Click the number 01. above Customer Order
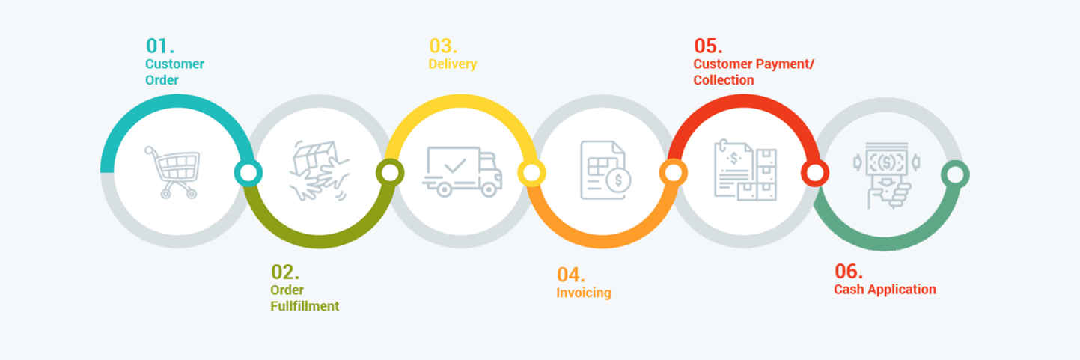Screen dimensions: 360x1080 (160, 45)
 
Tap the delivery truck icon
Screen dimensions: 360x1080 (462, 171)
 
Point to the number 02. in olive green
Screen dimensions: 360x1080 (284, 272)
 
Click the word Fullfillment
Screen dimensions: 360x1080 (305, 305)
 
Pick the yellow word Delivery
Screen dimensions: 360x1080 (452, 64)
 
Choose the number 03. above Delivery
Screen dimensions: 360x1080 (443, 45)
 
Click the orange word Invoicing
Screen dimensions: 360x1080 (583, 293)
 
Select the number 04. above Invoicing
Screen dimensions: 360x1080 (570, 274)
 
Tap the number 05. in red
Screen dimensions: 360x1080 (708, 46)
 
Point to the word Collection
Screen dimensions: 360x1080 (723, 80)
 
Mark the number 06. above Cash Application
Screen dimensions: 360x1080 (849, 271)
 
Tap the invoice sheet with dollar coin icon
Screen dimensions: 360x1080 (605, 171)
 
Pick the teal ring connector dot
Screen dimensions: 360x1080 (248, 174)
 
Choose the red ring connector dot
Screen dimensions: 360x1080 (814, 174)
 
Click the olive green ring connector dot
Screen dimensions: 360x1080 (389, 174)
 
